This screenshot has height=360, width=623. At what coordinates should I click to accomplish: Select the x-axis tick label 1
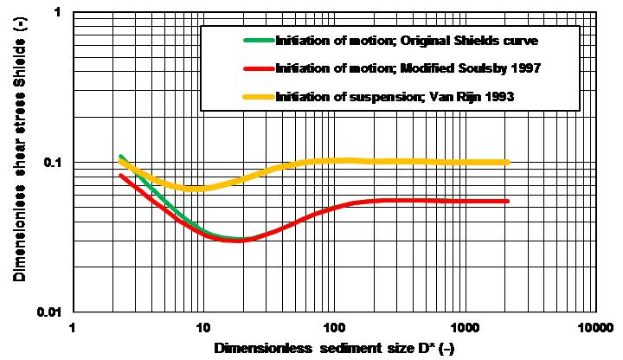click(73, 328)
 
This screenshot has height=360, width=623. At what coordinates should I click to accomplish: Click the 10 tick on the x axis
click(202, 328)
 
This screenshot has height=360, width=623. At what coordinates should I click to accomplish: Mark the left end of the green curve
click(120, 156)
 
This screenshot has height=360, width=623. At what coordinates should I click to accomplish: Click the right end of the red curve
click(508, 201)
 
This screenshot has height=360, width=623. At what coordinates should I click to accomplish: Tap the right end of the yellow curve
click(508, 162)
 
